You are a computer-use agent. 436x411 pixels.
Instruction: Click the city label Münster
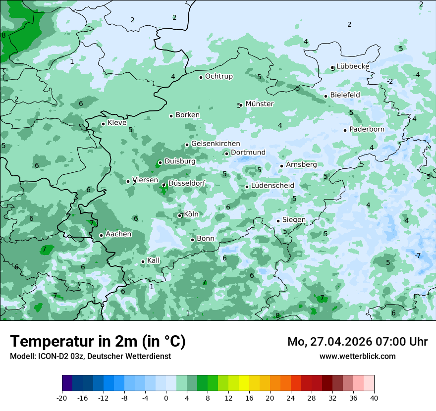tap(259, 104)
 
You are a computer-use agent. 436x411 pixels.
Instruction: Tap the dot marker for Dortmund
tap(226, 154)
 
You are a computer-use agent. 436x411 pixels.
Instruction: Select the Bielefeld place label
tap(345, 95)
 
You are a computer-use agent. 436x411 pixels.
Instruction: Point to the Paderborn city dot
tap(345, 130)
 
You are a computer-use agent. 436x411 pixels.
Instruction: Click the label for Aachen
tap(118, 234)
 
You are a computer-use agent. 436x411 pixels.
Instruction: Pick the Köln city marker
tap(180, 215)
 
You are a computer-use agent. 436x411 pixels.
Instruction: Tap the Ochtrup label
tap(218, 76)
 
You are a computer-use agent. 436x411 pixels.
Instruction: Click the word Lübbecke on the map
tap(353, 66)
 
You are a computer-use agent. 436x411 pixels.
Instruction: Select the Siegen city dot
tap(278, 221)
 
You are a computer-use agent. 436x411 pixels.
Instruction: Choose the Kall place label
tap(154, 260)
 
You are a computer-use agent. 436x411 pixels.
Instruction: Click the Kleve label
tap(117, 123)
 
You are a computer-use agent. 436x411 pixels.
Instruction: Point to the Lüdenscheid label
tap(272, 186)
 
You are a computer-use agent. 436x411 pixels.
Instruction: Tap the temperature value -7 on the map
tap(417, 256)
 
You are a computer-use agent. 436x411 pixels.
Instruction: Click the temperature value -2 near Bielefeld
tap(389, 81)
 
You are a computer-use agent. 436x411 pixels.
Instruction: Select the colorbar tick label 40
tap(374, 398)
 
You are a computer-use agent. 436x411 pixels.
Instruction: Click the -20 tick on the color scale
tap(62, 398)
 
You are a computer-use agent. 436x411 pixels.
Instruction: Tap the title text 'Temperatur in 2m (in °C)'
tap(98, 342)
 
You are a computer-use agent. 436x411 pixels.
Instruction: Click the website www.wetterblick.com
tap(357, 356)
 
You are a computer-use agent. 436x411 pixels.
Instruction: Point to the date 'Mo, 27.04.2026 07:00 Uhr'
tap(357, 342)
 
